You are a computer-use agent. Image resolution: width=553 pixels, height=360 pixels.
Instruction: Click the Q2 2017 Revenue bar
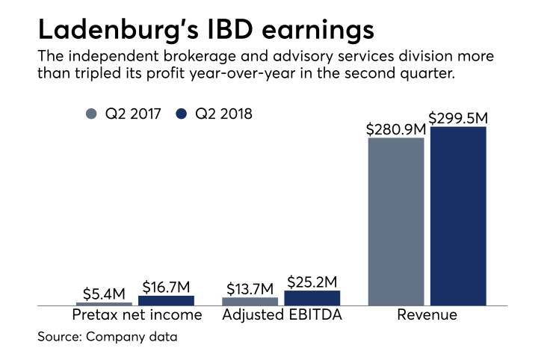coord(396,221)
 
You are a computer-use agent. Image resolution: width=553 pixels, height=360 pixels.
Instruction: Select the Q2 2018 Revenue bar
coord(458,216)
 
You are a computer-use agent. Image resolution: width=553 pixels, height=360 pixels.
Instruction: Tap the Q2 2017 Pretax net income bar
coord(104,303)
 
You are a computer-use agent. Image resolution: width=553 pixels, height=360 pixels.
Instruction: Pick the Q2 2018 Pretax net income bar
coord(166,300)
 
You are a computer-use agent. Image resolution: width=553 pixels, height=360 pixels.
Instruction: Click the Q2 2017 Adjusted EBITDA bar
coord(250,301)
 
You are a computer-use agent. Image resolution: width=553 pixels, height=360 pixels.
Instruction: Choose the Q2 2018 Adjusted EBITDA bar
coord(312,298)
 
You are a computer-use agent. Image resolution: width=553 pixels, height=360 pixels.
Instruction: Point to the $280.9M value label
coord(395,129)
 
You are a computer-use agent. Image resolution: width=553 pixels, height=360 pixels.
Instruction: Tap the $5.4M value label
coord(104,294)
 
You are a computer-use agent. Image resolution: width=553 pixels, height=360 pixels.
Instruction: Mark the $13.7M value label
coord(250,289)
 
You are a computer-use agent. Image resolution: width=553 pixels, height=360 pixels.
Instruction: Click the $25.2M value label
coord(313,282)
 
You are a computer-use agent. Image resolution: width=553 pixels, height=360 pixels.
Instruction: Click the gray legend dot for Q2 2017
coord(92,114)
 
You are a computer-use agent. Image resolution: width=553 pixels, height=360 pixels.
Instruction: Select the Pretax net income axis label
coord(137,315)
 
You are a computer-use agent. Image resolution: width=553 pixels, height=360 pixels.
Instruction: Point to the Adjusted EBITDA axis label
coord(282,315)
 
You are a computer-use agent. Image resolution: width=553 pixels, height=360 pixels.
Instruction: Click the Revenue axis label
coord(427,315)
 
